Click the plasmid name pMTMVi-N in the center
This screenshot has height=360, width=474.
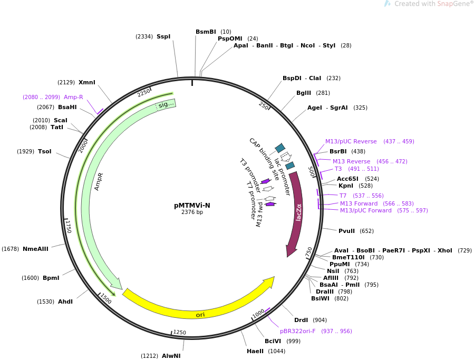tap(192, 206)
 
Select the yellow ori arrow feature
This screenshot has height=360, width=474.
tap(200, 314)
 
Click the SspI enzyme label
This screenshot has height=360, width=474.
tap(163, 36)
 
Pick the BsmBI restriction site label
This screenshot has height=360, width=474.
tap(206, 32)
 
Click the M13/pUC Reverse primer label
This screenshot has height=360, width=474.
tap(351, 141)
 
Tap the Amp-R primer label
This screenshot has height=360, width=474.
tap(73, 97)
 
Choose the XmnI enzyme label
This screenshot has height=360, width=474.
tap(87, 82)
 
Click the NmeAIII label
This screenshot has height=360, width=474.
tap(35, 249)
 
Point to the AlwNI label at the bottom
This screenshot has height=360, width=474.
tap(171, 356)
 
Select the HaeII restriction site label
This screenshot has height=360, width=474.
tap(256, 351)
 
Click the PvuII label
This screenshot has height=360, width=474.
tap(348, 231)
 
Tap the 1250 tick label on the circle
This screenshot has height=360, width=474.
tap(180, 332)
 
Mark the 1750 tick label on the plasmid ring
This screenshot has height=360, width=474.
tap(68, 226)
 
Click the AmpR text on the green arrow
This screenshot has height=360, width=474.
tap(99, 181)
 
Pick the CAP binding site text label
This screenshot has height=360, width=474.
tap(264, 159)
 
